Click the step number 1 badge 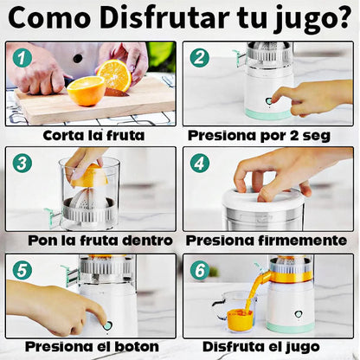[22, 58]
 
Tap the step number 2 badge [199, 57]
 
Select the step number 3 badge [22, 163]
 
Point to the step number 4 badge [199, 163]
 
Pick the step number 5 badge [22, 270]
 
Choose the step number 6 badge [199, 270]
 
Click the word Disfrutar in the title [164, 16]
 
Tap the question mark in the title [343, 16]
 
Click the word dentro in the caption [147, 241]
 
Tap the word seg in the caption [317, 136]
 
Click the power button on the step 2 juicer [269, 101]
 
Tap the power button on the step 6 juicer [298, 314]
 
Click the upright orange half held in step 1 [114, 74]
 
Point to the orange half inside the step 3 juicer [89, 175]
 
